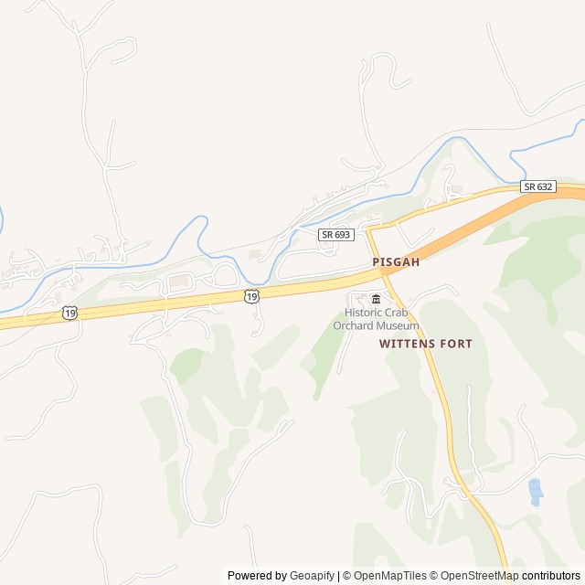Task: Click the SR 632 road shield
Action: pyautogui.click(x=538, y=186)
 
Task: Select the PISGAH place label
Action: pyautogui.click(x=396, y=262)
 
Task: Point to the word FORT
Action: pyautogui.click(x=457, y=345)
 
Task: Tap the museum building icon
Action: pyautogui.click(x=376, y=299)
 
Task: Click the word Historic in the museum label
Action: pyautogui.click(x=364, y=313)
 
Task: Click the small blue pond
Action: pyautogui.click(x=535, y=492)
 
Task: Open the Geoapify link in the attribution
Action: pyautogui.click(x=313, y=576)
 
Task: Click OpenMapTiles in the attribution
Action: pyautogui.click(x=389, y=576)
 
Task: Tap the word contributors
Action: pyautogui.click(x=551, y=576)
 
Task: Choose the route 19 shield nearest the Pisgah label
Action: pyautogui.click(x=251, y=295)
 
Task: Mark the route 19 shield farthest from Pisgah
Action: pyautogui.click(x=70, y=313)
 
